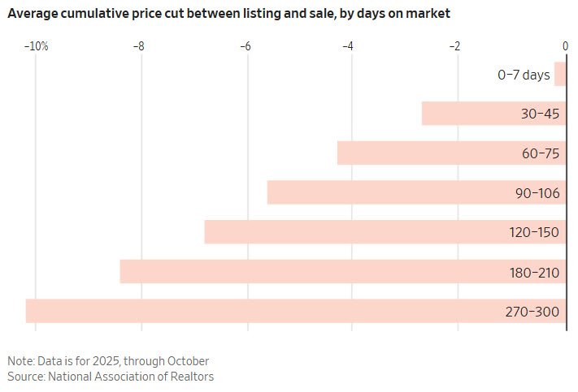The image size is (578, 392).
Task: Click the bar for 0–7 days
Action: click(560, 75)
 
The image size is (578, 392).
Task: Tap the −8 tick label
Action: click(140, 47)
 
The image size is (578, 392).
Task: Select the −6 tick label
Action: click(245, 47)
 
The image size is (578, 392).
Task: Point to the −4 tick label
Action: click(348, 47)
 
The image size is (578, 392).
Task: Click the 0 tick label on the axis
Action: click(565, 47)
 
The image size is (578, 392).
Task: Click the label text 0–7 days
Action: click(524, 75)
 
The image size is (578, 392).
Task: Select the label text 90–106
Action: click(532, 193)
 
